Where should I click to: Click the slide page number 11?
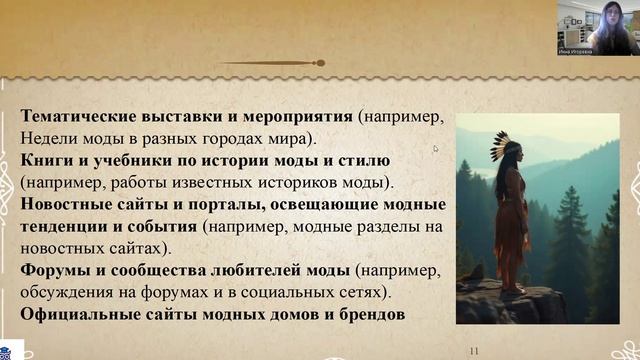tap(475, 351)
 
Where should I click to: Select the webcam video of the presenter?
tap(598, 29)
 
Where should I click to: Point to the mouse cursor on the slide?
tap(435, 149)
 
